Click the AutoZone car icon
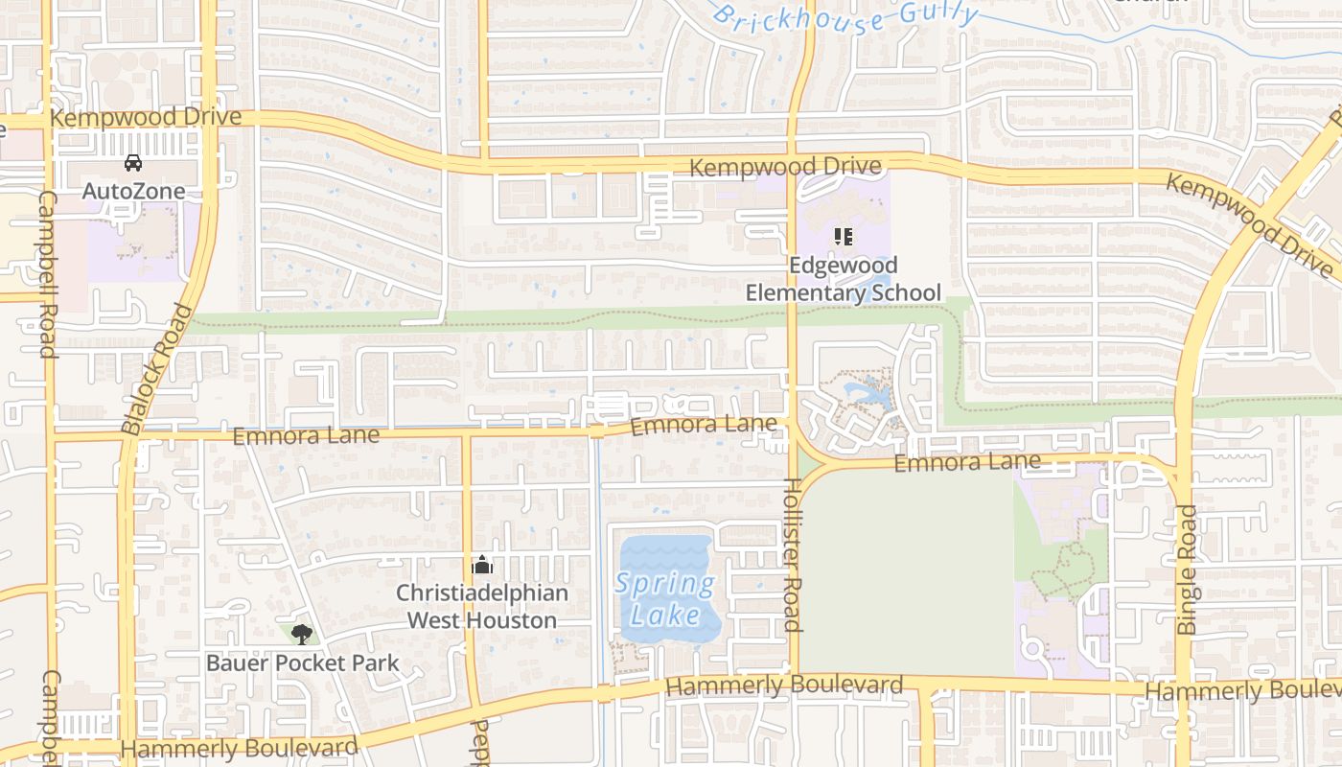(133, 163)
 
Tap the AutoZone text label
(133, 191)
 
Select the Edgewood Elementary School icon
(844, 236)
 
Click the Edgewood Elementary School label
(844, 279)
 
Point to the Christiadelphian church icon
(482, 565)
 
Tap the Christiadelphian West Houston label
(482, 607)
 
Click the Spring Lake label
(666, 598)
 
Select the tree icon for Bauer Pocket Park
(302, 634)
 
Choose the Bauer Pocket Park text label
(303, 662)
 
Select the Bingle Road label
(1187, 569)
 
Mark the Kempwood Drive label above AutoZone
(146, 117)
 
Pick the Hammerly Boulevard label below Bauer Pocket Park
(240, 748)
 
